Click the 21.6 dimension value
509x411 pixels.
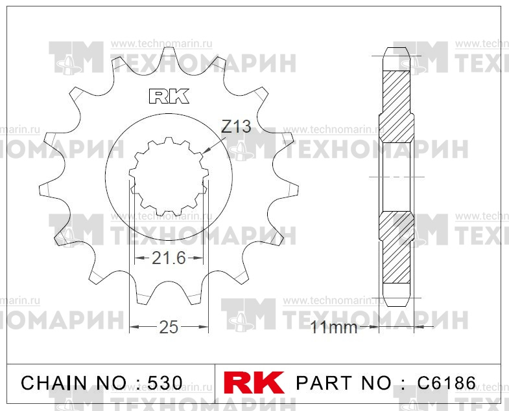click(169, 258)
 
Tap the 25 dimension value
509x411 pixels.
click(169, 327)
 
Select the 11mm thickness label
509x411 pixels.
click(334, 328)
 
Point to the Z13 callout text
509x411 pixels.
click(236, 126)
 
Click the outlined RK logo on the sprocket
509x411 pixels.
click(169, 96)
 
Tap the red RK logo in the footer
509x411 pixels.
click(254, 383)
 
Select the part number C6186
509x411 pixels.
click(446, 383)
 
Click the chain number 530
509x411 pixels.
click(165, 383)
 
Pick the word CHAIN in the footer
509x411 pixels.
click(54, 383)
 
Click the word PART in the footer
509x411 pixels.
click(324, 383)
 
